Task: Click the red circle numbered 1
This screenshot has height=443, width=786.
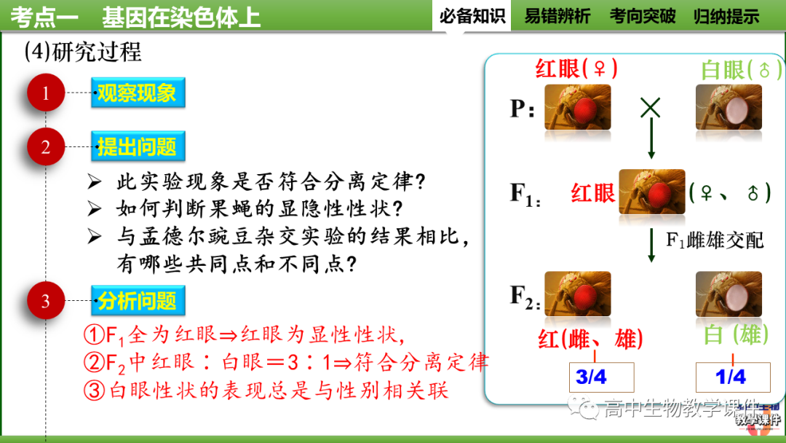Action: click(46, 93)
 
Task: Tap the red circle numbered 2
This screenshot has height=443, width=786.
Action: click(46, 147)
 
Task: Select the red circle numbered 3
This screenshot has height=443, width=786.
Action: click(46, 301)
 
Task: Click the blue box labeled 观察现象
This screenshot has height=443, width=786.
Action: click(137, 93)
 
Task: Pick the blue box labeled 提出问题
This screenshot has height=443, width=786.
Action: click(137, 147)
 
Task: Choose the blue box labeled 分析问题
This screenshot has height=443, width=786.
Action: click(137, 301)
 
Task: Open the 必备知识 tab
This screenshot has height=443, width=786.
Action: click(472, 16)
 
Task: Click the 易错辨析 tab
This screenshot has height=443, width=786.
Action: click(557, 16)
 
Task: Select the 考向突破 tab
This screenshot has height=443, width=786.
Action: click(643, 16)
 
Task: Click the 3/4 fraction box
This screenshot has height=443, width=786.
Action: click(592, 377)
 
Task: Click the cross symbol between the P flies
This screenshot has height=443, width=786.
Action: click(650, 109)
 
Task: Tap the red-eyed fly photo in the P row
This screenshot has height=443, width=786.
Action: click(578, 108)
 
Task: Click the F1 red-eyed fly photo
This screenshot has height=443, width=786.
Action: click(651, 192)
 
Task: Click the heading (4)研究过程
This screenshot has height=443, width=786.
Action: click(83, 52)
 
